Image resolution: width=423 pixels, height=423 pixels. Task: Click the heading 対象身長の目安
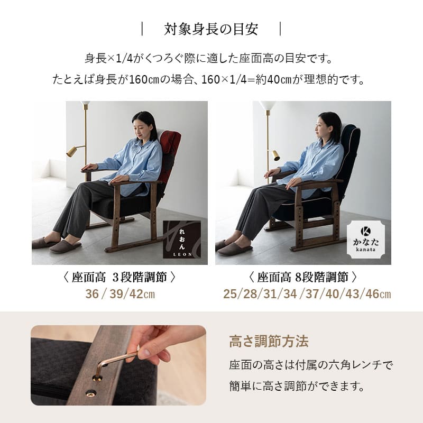pos(211,29)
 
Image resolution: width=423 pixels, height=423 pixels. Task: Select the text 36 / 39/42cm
pos(120,294)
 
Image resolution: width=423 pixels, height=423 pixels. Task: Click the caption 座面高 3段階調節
pos(119,277)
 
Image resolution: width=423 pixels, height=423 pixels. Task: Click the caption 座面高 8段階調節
pos(303,277)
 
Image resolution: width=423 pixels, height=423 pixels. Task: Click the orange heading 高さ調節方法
pos(269,341)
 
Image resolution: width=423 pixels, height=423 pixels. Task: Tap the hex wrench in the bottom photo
pos(113,362)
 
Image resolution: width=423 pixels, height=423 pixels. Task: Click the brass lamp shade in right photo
pos(275,155)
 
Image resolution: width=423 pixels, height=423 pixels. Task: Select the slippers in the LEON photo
pos(56,245)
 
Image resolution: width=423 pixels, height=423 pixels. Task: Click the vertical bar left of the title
pos(142,29)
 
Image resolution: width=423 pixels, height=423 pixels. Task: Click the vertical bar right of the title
pos(280,29)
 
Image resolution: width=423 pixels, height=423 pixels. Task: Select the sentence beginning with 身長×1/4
pos(211,58)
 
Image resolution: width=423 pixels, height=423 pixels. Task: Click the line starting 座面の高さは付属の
pos(311,365)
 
